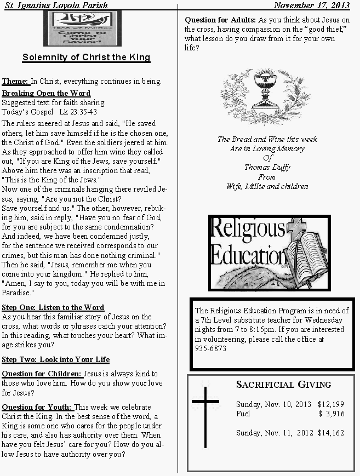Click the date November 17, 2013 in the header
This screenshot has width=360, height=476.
[311, 5]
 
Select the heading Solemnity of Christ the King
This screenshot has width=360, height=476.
[86, 58]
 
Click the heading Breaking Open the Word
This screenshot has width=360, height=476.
[46, 93]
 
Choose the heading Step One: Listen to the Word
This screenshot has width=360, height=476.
[53, 307]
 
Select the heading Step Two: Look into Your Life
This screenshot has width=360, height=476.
[55, 359]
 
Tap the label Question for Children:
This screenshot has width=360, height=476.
[42, 374]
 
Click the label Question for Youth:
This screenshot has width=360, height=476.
[37, 407]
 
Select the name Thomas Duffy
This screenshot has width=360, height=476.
[267, 168]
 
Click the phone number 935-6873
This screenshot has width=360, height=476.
[210, 348]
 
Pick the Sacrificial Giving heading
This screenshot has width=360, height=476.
[283, 385]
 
